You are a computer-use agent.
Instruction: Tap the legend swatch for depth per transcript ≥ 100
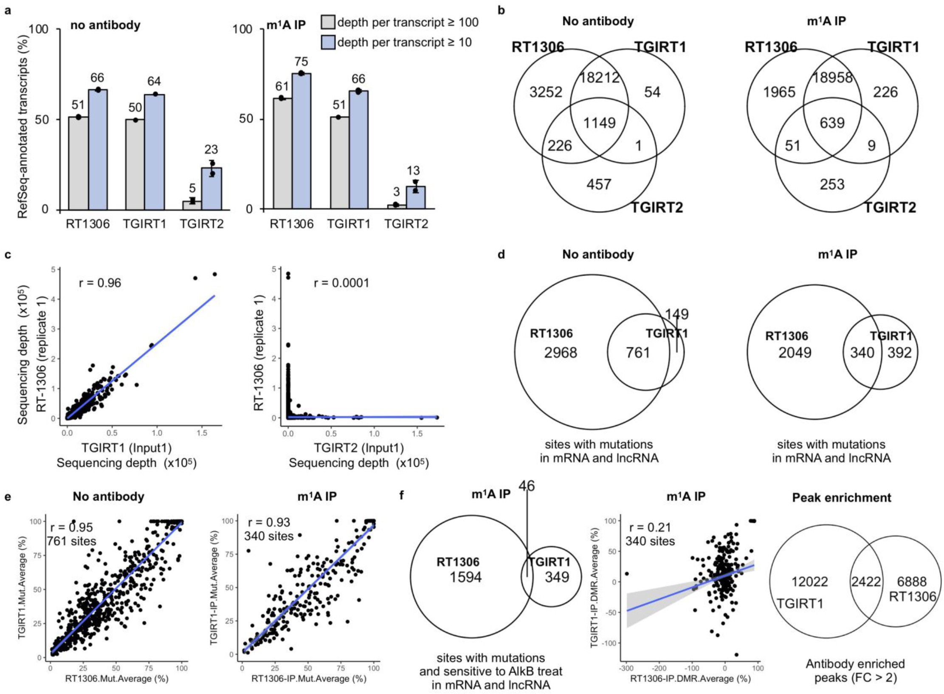click(328, 22)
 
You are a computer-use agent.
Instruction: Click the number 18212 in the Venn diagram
click(599, 77)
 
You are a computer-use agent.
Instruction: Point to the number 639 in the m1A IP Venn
click(832, 123)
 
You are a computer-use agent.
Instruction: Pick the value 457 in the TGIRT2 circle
click(599, 184)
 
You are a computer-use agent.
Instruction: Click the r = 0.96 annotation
click(100, 282)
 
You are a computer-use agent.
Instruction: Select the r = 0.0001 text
click(341, 282)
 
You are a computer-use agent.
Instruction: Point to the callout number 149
click(676, 314)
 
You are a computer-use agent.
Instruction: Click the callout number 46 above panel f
click(527, 485)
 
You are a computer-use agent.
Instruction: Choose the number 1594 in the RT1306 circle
click(466, 577)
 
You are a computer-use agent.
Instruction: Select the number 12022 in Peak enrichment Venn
click(810, 581)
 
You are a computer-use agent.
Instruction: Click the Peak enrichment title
click(842, 497)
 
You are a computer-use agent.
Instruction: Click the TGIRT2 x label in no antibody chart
click(201, 224)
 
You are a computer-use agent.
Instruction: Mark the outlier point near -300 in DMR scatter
click(627, 573)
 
